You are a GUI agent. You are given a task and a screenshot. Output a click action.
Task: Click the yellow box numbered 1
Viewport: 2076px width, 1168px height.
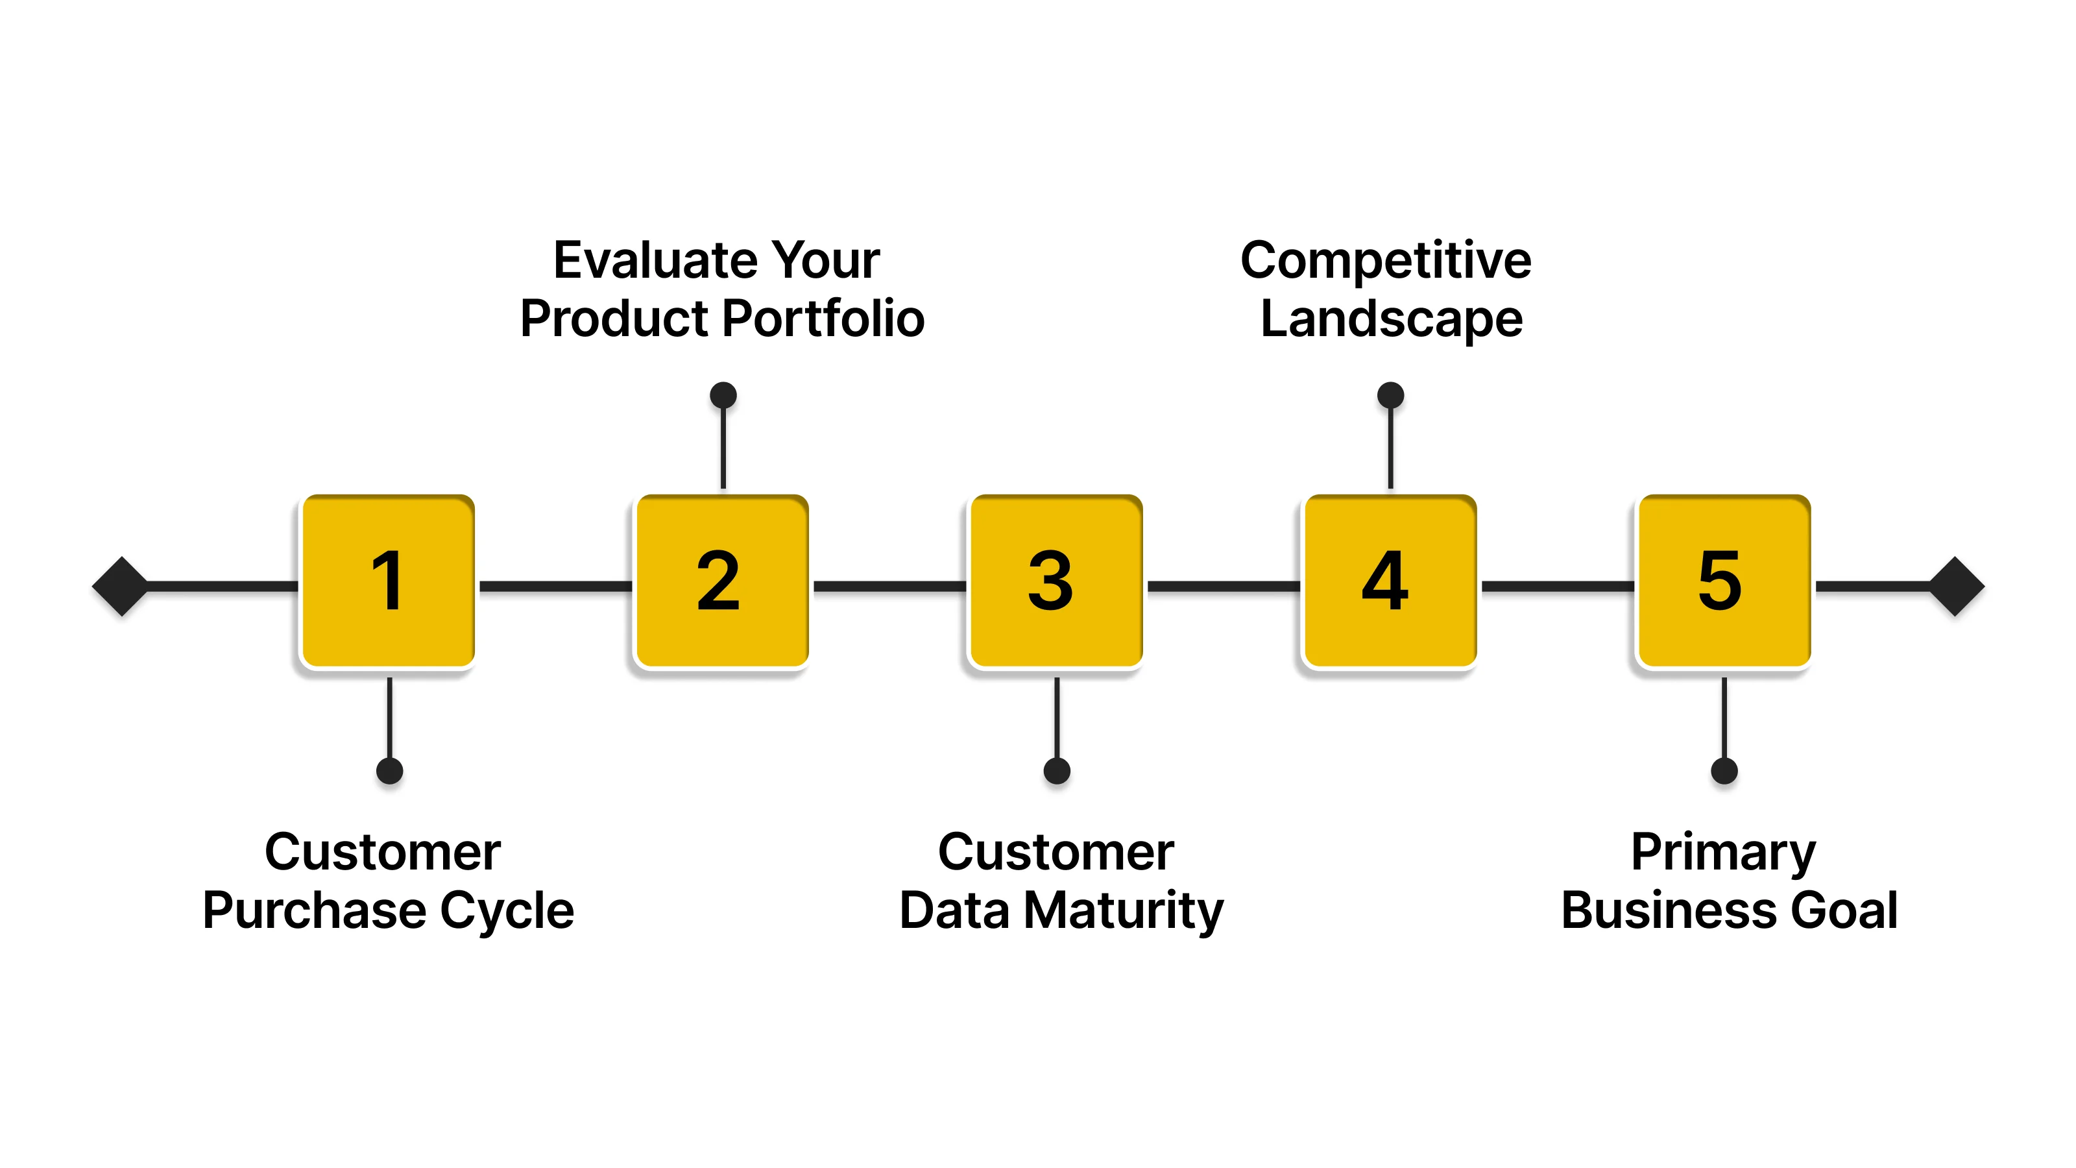388,581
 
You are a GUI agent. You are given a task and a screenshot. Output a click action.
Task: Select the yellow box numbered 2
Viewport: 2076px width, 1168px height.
722,581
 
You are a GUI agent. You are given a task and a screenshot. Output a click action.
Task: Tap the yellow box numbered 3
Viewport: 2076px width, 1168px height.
1056,581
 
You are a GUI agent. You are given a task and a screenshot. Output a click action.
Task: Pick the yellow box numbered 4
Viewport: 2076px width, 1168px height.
1390,581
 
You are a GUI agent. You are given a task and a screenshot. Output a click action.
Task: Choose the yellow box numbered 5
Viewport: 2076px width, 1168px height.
1724,581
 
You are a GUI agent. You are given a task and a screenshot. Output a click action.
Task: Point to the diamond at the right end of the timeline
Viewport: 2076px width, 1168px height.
1956,586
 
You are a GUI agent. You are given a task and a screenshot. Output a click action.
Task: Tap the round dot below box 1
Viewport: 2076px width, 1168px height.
389,771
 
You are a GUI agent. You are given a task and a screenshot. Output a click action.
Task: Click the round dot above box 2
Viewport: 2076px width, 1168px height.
723,395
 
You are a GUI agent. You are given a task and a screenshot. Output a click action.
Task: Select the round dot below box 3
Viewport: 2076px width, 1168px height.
1057,771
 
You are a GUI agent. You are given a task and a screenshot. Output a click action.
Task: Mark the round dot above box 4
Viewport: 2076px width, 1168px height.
1390,395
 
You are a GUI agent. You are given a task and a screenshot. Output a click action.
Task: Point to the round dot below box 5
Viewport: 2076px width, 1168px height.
1724,771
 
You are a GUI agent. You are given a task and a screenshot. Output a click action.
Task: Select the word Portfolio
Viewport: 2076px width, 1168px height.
822,319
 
